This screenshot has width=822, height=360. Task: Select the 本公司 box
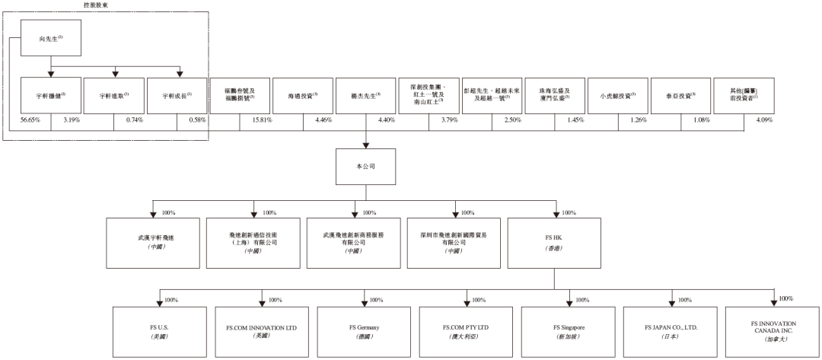366,165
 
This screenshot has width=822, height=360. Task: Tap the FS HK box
554,243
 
